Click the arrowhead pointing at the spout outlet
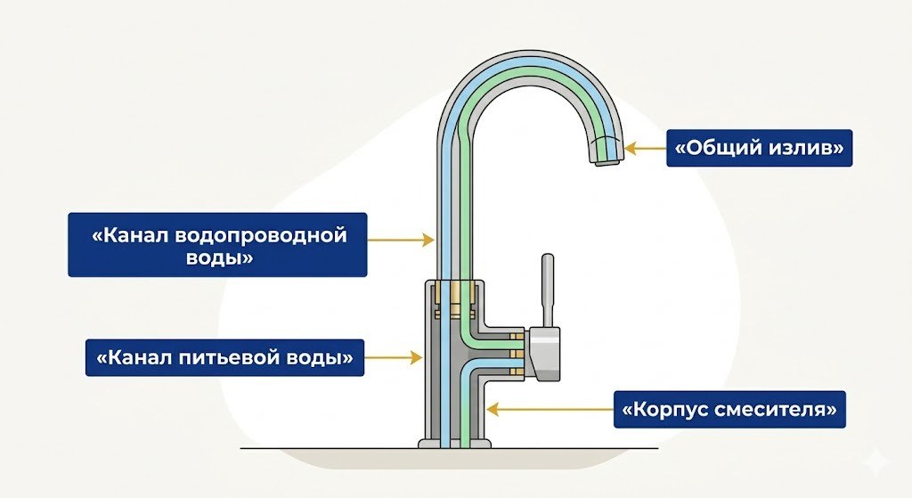(x=630, y=148)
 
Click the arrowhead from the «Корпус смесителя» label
(x=489, y=411)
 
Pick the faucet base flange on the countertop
(x=454, y=443)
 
